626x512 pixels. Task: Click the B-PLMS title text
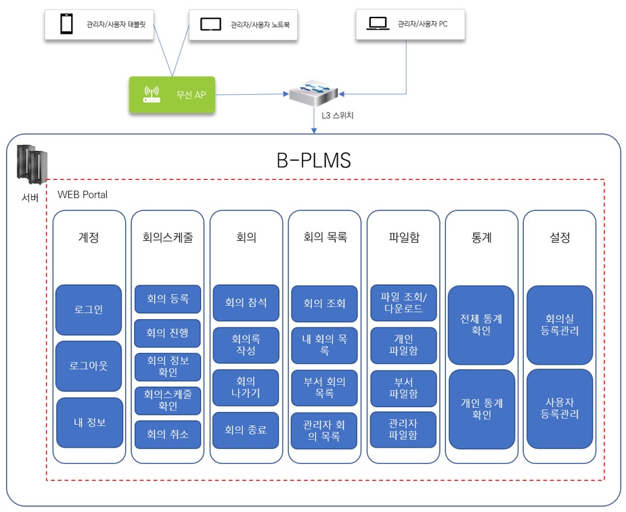click(313, 160)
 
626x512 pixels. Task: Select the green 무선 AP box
click(172, 94)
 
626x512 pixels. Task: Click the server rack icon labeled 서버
click(31, 166)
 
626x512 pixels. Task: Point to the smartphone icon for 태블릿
click(66, 24)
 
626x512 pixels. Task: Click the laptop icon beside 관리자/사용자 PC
click(378, 24)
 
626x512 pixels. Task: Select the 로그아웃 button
click(89, 366)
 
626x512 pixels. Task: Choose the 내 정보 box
click(89, 423)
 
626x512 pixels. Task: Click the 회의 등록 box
click(167, 298)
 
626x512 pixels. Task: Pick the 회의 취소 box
click(167, 434)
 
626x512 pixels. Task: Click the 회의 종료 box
click(246, 430)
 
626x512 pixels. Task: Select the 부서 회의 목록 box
click(324, 388)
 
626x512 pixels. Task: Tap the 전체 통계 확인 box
click(480, 325)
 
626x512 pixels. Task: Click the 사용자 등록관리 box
click(559, 409)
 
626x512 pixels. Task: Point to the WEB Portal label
click(83, 195)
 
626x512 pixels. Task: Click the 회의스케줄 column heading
click(167, 238)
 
